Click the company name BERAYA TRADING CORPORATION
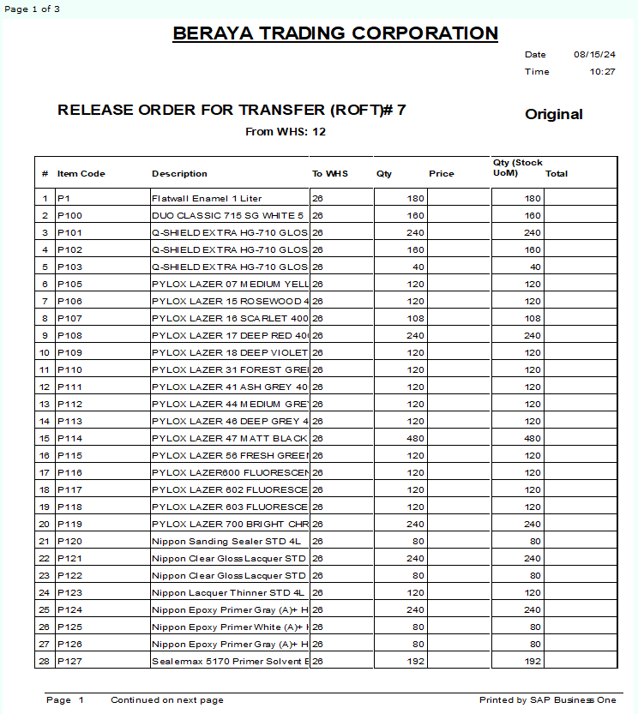pyautogui.click(x=335, y=33)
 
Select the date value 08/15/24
pyautogui.click(x=594, y=55)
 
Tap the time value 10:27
pyautogui.click(x=602, y=72)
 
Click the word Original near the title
pyautogui.click(x=553, y=114)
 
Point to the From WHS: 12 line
pyautogui.click(x=286, y=132)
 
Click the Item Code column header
pyautogui.click(x=81, y=174)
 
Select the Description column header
pyautogui.click(x=179, y=174)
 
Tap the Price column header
pyautogui.click(x=442, y=174)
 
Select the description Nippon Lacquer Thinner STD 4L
pyautogui.click(x=228, y=593)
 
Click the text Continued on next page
pyautogui.click(x=167, y=700)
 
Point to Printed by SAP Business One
pyautogui.click(x=547, y=700)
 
